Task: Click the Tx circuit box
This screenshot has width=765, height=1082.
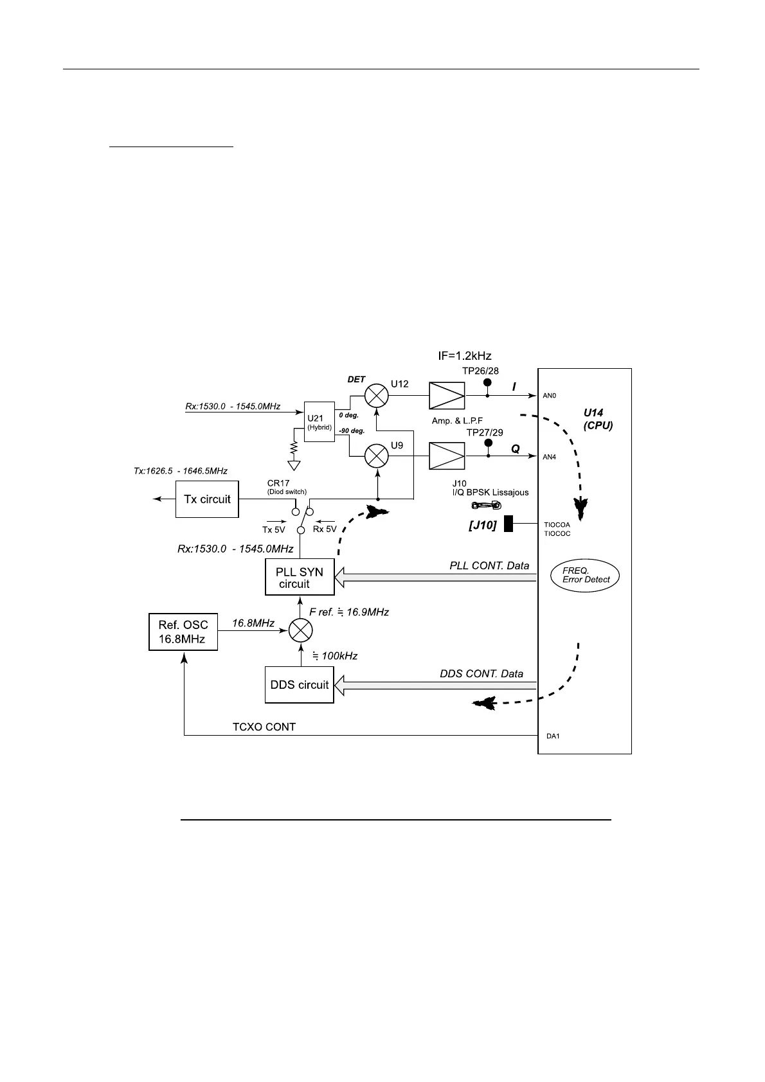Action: coord(207,499)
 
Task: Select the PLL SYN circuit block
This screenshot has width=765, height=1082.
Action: coord(300,577)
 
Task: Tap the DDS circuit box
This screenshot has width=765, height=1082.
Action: coord(300,685)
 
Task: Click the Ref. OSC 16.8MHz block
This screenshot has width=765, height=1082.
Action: coord(183,632)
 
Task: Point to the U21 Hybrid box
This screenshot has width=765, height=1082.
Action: coord(319,423)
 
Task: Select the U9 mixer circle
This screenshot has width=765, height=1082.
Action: coord(377,456)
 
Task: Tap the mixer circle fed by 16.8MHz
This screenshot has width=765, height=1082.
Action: coord(300,631)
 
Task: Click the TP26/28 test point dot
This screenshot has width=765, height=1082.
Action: coord(487,384)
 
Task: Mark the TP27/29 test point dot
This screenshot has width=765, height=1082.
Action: coord(488,444)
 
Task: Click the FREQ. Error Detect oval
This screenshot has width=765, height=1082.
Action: coord(585,575)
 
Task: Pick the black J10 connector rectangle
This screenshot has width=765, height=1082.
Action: coord(509,524)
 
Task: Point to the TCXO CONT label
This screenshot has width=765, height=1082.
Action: coord(264,727)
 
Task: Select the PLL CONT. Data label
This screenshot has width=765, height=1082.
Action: coord(489,565)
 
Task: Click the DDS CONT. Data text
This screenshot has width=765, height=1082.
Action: coord(482,674)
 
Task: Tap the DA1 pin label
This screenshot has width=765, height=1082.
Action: coord(553,736)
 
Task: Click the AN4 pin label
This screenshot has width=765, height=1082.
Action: coord(549,457)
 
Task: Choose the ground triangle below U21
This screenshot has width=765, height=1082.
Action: coord(294,465)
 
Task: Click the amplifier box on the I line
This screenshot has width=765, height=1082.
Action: coord(447,395)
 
